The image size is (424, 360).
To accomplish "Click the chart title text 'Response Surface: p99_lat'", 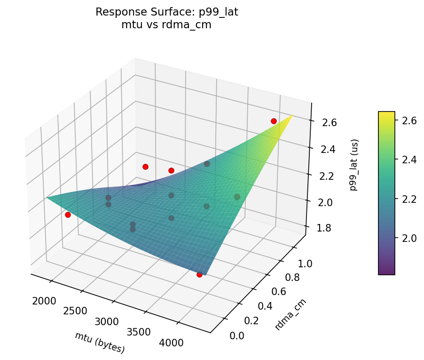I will [x=166, y=12].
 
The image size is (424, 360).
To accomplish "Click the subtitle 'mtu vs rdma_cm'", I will [x=166, y=25].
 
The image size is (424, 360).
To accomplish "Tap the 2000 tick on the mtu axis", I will [x=45, y=301].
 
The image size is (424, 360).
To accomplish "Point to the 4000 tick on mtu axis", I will [x=172, y=343].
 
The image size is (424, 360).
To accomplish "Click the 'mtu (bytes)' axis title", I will [x=100, y=342].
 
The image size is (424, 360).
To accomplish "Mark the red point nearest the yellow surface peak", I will [x=274, y=121].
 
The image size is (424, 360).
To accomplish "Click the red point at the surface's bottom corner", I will [x=199, y=274].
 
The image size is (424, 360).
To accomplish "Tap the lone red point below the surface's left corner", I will [x=68, y=215].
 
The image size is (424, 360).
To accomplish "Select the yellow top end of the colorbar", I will [x=386, y=113].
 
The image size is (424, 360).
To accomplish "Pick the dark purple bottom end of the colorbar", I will [x=386, y=272].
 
